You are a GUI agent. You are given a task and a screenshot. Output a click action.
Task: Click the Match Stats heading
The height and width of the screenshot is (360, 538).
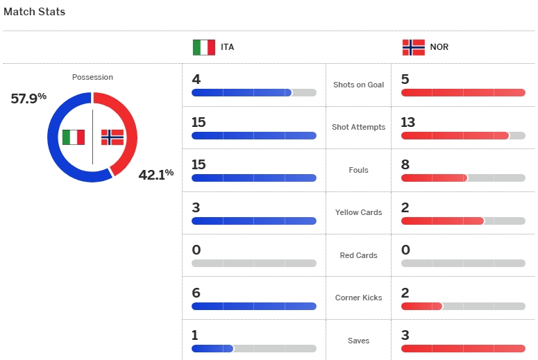[35, 12]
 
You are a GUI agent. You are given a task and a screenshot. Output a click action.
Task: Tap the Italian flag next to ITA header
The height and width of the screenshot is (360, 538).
[203, 47]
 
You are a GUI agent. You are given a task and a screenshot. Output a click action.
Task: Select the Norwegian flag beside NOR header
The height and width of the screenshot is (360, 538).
[413, 47]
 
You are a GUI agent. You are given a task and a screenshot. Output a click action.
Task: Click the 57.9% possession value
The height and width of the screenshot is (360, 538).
[28, 98]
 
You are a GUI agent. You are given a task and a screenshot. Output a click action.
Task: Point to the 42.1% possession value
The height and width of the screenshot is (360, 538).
[155, 174]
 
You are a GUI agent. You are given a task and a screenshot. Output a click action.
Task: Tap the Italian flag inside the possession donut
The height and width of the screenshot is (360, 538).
[73, 137]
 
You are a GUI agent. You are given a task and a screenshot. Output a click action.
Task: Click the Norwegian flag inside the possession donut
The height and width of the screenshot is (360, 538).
[112, 137]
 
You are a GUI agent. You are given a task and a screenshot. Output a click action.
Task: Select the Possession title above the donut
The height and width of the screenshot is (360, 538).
[92, 77]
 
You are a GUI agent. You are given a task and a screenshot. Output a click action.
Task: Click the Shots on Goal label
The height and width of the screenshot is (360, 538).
[358, 85]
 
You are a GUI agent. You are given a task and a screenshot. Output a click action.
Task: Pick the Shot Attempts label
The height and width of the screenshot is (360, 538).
[358, 128]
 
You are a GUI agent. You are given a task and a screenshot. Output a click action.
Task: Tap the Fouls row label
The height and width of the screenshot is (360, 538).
[358, 170]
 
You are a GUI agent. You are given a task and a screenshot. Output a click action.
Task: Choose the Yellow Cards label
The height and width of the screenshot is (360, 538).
[358, 212]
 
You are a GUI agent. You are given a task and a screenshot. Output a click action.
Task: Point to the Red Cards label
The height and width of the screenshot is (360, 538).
[358, 255]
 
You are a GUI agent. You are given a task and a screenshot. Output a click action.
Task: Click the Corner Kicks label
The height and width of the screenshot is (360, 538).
[358, 298]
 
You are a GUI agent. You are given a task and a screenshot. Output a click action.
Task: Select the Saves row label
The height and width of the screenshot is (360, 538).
[358, 341]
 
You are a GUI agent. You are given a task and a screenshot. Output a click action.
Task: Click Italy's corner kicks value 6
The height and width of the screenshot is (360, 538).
[196, 293]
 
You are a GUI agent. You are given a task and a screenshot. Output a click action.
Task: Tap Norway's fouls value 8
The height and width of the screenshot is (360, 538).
[405, 164]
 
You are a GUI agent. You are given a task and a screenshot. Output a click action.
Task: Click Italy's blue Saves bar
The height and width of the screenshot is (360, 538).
[212, 348]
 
